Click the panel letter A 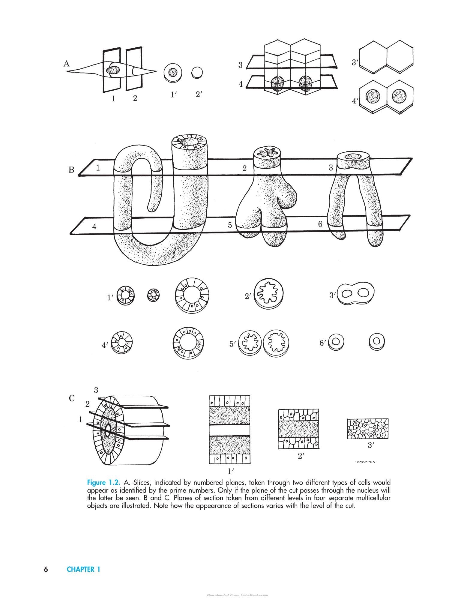[67, 64]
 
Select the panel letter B [71, 170]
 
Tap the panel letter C [72, 398]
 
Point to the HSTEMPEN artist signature [365, 470]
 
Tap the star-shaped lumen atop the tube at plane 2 [268, 153]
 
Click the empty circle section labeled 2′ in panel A [197, 73]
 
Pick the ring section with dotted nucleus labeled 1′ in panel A [173, 73]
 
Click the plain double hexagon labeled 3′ [386, 56]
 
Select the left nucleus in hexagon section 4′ [373, 96]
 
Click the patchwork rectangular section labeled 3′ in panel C [368, 429]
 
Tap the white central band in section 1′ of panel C [229, 430]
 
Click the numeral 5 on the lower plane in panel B [230, 225]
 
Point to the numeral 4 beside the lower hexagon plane [241, 84]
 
